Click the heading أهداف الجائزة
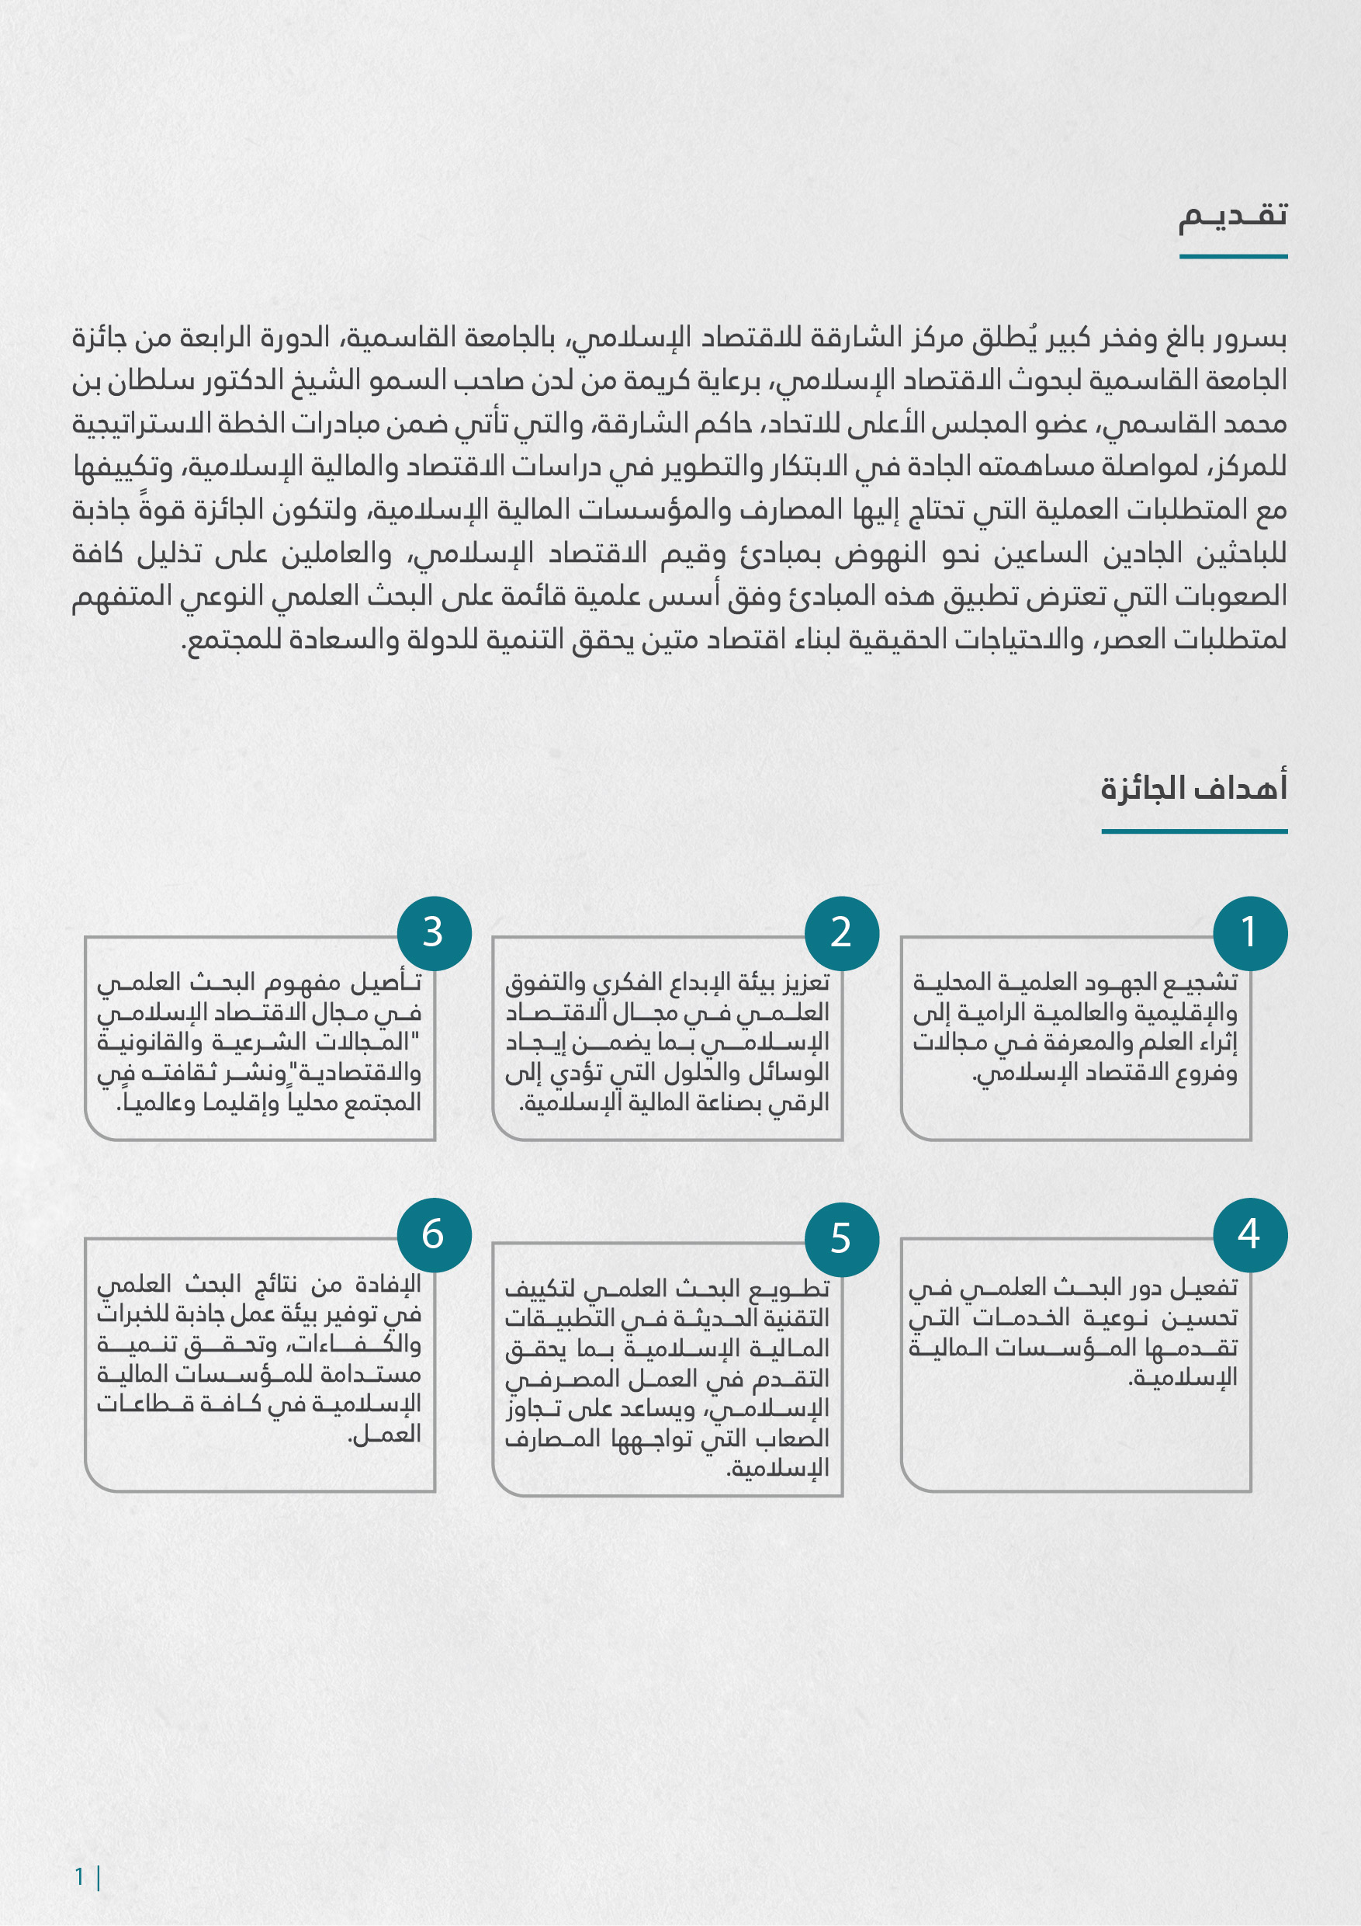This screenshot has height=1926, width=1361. pyautogui.click(x=1193, y=789)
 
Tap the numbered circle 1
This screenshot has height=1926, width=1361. pyautogui.click(x=1249, y=933)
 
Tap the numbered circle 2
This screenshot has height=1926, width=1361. pyautogui.click(x=841, y=933)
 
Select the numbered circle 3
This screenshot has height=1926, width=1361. pyautogui.click(x=434, y=933)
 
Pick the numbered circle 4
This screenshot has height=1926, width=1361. pyautogui.click(x=1249, y=1234)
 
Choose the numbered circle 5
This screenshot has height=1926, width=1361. pyautogui.click(x=841, y=1239)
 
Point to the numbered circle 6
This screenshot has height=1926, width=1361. pyautogui.click(x=434, y=1234)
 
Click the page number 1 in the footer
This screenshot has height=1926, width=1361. pyautogui.click(x=80, y=1876)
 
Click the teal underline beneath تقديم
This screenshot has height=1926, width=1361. pyautogui.click(x=1233, y=257)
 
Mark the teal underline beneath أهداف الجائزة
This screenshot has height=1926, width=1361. pyautogui.click(x=1193, y=831)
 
